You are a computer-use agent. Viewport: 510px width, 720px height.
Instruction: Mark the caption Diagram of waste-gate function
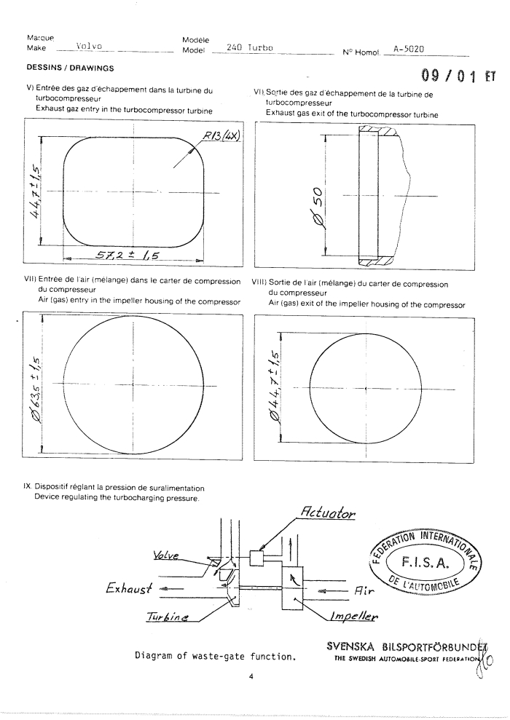[x=214, y=657]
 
